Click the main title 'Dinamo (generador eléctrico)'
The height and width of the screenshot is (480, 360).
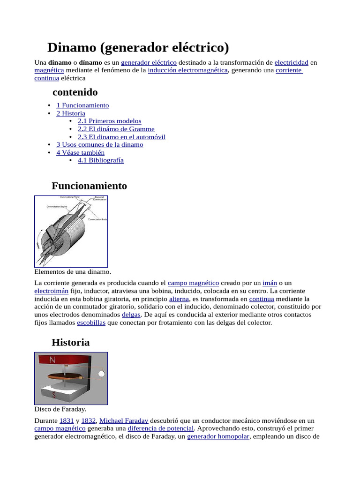138,47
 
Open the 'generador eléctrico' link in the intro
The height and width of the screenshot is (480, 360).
149,62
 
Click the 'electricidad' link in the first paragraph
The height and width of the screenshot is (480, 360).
291,62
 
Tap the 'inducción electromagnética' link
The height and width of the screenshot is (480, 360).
187,70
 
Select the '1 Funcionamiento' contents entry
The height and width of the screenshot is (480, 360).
82,105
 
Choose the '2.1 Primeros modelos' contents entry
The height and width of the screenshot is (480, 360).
109,121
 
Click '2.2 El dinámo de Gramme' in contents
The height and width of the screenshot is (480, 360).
116,129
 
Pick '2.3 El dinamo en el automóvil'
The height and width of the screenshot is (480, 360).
121,137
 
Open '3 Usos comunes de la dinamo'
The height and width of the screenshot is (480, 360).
100,144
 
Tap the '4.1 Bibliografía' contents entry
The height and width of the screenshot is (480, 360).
101,160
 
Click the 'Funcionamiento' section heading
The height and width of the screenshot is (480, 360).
89,186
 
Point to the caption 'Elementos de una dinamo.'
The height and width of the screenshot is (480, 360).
73,271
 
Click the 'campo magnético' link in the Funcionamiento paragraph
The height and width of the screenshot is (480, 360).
193,283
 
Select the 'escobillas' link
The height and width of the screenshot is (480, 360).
91,322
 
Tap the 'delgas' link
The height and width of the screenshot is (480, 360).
131,315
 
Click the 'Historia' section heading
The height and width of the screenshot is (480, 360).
70,342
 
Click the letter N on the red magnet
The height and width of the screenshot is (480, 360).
52,360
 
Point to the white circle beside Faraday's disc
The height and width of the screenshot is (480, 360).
101,374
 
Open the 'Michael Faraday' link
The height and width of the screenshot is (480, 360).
124,421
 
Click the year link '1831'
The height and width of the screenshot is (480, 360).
67,421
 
